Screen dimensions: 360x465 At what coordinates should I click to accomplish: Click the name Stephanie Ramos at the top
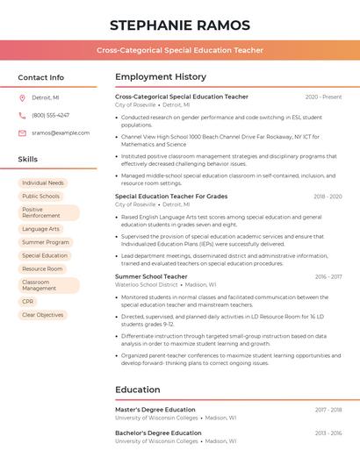tap(180, 25)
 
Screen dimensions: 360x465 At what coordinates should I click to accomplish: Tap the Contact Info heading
tap(41, 77)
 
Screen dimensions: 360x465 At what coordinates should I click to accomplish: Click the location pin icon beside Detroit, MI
tap(22, 98)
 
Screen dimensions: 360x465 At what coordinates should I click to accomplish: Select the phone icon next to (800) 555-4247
tap(22, 115)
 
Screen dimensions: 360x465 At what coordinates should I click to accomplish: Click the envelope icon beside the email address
tap(22, 132)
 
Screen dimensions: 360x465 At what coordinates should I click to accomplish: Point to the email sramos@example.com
tap(61, 132)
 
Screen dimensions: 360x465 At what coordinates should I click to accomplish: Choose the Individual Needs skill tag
tap(43, 183)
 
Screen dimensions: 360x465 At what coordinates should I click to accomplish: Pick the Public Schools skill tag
tap(41, 197)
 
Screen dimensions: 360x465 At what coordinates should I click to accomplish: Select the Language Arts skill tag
tap(41, 229)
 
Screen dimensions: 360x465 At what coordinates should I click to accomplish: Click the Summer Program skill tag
tap(46, 242)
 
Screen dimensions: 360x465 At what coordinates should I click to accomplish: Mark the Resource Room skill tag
tap(42, 268)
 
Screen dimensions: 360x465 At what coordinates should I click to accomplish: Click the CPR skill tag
tap(28, 301)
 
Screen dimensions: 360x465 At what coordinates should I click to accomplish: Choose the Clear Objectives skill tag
tap(43, 314)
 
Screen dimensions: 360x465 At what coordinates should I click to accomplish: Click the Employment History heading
tap(161, 77)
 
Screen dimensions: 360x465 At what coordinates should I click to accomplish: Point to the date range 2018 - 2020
tap(328, 197)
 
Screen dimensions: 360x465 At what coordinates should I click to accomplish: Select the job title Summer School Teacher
tap(151, 276)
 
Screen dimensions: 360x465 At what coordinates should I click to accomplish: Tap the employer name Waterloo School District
tap(147, 284)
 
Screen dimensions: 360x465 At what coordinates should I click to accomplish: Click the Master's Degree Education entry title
tap(155, 410)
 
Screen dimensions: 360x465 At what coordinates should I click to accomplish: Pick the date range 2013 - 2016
tap(328, 433)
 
